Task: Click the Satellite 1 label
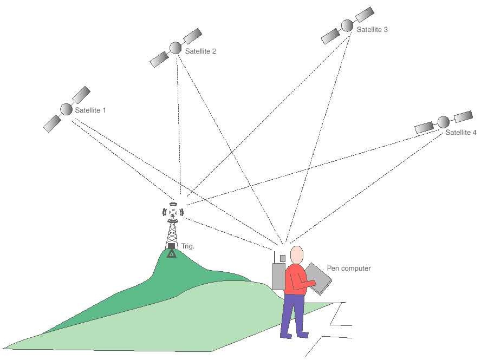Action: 90,110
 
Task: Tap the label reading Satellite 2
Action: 200,51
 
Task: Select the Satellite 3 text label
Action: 372,30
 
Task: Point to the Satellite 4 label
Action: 461,133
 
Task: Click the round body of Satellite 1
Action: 66,109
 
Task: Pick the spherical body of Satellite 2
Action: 175,48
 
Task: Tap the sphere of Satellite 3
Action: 347,25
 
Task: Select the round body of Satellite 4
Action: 443,122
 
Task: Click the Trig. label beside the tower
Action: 187,246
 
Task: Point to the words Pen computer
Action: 349,269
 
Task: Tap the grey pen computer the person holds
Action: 318,278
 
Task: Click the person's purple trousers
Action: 293,314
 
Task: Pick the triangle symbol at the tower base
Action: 172,252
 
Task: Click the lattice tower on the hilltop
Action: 172,233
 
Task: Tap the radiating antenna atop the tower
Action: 173,212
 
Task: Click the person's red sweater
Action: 296,279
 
